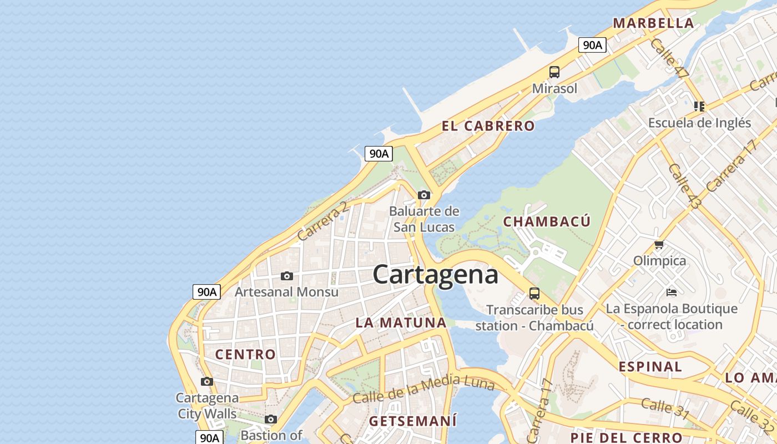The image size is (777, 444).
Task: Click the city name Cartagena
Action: click(x=435, y=275)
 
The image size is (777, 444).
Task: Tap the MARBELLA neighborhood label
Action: click(x=653, y=23)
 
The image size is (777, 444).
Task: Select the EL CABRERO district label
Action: click(x=488, y=126)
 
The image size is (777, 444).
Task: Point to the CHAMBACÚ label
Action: click(x=547, y=221)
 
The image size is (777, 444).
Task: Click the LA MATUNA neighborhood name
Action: click(x=401, y=322)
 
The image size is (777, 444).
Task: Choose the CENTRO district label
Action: click(x=245, y=354)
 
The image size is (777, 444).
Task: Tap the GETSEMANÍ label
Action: click(x=413, y=421)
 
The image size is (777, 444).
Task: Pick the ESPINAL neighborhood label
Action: click(x=650, y=366)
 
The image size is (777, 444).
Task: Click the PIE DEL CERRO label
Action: click(x=626, y=437)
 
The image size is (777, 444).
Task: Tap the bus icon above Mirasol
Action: click(x=554, y=72)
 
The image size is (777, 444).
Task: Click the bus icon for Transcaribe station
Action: click(x=534, y=294)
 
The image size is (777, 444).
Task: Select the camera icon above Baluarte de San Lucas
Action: click(x=424, y=195)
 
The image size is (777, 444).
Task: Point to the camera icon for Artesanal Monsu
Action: click(x=287, y=276)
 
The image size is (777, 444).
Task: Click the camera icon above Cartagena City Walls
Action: click(x=207, y=381)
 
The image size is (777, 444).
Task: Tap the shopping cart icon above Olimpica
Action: click(x=659, y=244)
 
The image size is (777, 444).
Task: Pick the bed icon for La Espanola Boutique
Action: click(x=672, y=292)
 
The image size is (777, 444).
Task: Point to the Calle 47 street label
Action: click(x=669, y=58)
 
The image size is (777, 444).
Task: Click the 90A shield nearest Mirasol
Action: click(x=592, y=45)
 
